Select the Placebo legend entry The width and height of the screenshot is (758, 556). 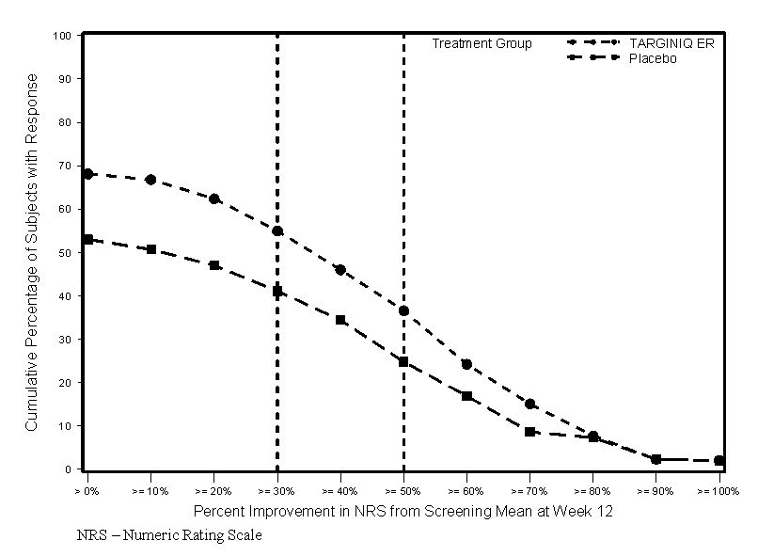coord(652,58)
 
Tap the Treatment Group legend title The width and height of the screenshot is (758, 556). coord(482,43)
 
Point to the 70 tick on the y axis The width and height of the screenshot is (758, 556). coord(65,167)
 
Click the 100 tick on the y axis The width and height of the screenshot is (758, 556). coord(62,36)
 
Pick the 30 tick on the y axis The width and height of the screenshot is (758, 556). coord(65,340)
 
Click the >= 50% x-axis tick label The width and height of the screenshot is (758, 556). coord(403,491)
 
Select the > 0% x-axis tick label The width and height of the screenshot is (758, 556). coord(87,491)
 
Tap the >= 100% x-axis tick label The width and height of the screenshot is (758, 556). coord(719,491)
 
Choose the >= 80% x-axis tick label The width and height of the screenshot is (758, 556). coord(592,491)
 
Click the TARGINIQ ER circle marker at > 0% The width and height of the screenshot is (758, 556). coord(87,174)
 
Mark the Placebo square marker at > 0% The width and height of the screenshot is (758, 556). coord(87,239)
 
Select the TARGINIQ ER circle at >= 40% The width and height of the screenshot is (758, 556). coord(340,270)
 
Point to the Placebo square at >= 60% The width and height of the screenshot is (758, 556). coord(466,396)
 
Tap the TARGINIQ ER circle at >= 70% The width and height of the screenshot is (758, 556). coord(530,404)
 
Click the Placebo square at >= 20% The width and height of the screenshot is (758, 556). coord(214,265)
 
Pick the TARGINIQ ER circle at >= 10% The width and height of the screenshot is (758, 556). coord(150,180)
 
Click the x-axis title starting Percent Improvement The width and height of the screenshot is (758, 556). coord(403,513)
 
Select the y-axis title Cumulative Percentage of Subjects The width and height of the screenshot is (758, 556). coord(31,252)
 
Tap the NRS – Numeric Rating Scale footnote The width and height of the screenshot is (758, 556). coord(170,535)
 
